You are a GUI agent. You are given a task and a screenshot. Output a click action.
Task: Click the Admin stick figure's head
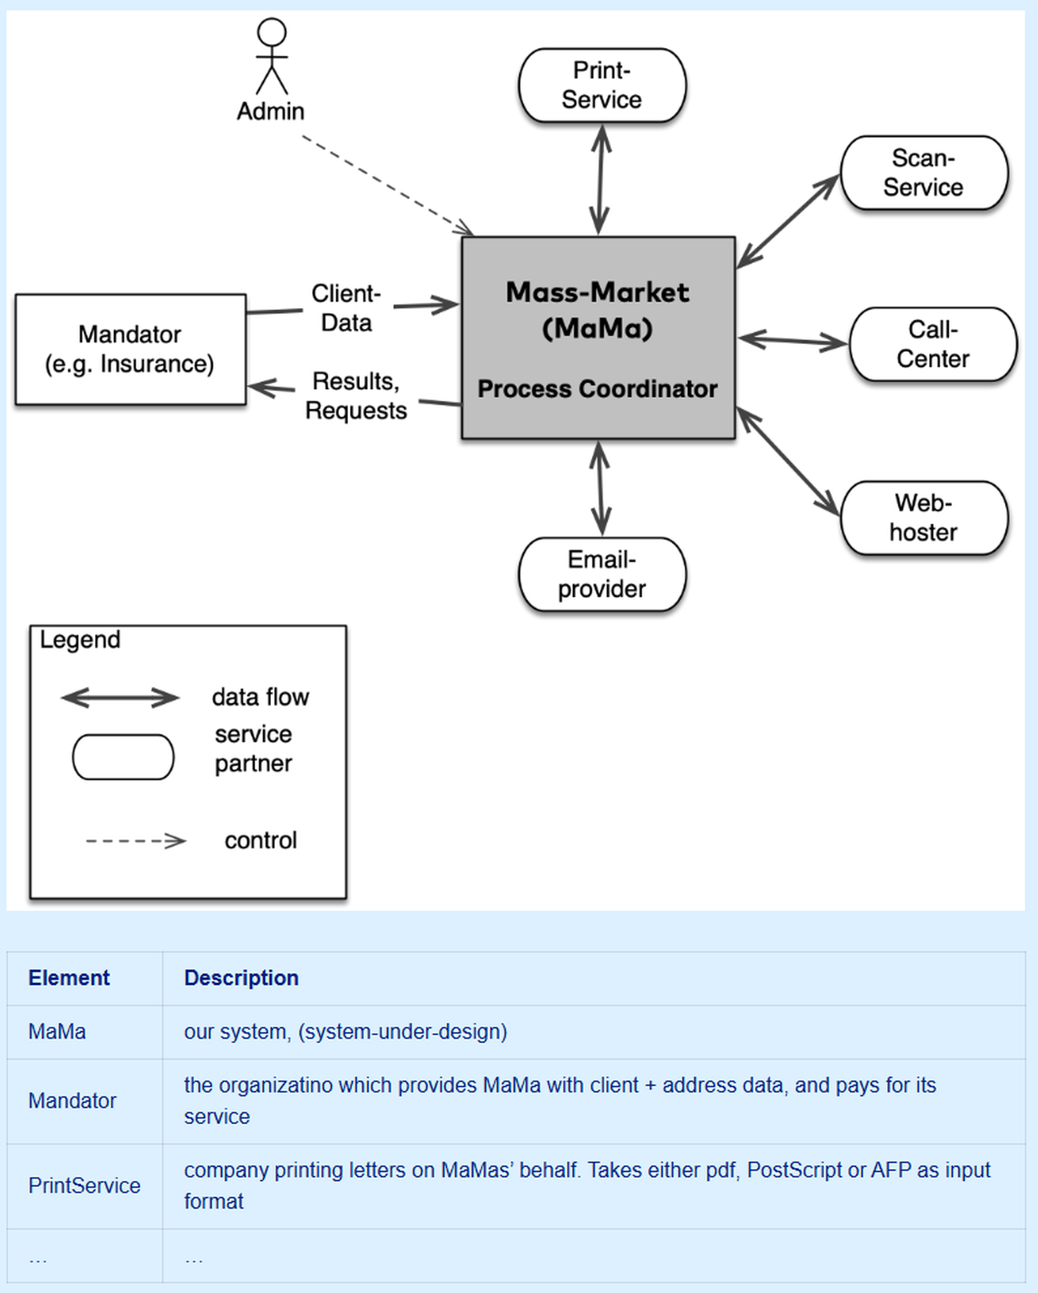pos(272,32)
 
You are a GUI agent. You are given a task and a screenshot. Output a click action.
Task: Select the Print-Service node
pos(602,85)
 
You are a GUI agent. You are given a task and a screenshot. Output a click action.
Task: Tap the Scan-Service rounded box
pos(923,173)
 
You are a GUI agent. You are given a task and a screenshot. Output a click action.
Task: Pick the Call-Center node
pos(932,344)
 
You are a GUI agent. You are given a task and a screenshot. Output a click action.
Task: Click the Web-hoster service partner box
pos(923,518)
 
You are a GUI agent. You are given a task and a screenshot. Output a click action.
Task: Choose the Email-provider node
pos(602,574)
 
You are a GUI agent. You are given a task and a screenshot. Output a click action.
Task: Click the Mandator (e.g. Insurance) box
pos(130,349)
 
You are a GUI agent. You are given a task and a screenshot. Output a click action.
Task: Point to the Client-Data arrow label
pos(346,308)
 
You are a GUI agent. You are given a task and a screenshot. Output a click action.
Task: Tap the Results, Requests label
pos(356,396)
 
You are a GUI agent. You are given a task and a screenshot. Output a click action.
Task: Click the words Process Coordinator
pos(597,389)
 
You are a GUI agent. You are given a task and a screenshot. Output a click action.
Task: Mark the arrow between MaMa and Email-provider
pos(600,488)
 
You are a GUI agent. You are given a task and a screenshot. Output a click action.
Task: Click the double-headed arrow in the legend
pos(120,698)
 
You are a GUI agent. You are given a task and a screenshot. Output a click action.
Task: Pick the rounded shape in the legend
pos(123,757)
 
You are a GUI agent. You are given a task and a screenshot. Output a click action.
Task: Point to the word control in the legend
pos(261,841)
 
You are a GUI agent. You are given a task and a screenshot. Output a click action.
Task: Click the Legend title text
pos(80,640)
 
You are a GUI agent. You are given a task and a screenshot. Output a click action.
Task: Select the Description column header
pos(241,978)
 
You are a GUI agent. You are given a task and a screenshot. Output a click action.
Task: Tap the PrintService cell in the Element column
pos(84,1185)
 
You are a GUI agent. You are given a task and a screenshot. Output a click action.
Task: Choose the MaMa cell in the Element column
pos(57,1032)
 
